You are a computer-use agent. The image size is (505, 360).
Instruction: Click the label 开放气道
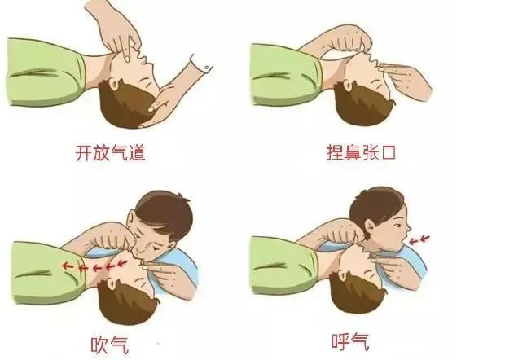tap(110, 152)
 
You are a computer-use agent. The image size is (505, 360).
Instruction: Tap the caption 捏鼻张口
tap(358, 152)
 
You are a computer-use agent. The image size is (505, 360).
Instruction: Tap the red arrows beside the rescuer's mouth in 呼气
tap(421, 239)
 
